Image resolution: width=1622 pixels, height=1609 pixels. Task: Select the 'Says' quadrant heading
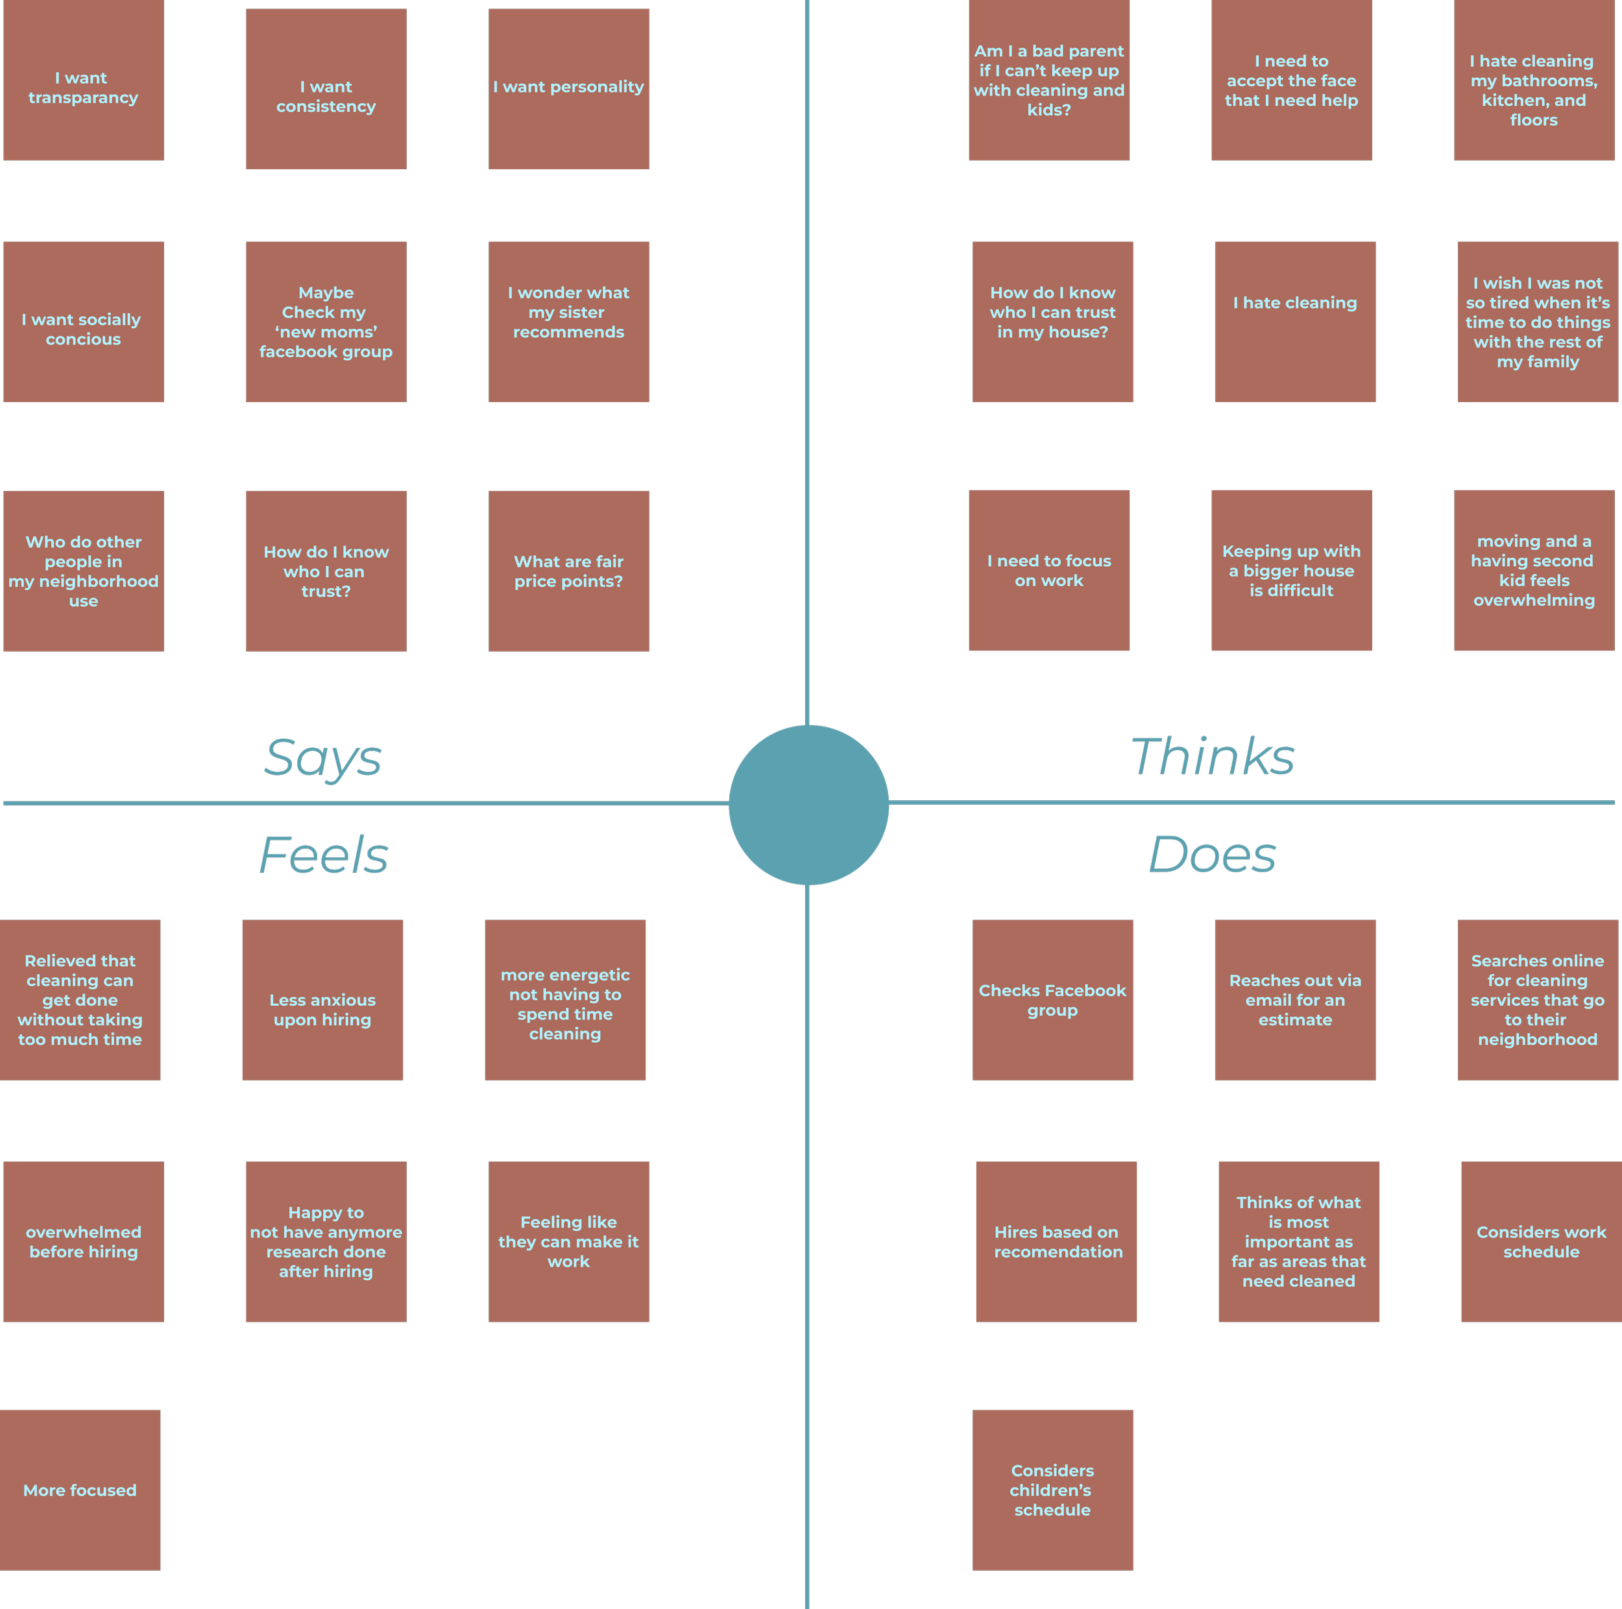pyautogui.click(x=323, y=758)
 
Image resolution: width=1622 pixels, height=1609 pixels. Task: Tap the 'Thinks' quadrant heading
pyautogui.click(x=1213, y=757)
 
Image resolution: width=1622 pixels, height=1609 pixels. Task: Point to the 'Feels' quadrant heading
pyautogui.click(x=324, y=855)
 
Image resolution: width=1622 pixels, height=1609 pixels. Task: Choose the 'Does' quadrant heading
pyautogui.click(x=1213, y=855)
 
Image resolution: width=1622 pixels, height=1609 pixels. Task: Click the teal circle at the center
pyautogui.click(x=808, y=805)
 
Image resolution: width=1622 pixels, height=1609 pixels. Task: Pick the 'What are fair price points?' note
pyautogui.click(x=568, y=571)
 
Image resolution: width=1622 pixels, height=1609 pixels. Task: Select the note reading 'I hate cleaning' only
pyautogui.click(x=1294, y=322)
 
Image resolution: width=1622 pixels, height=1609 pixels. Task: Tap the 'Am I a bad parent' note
pyautogui.click(x=1048, y=80)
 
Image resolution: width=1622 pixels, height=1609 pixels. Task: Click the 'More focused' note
pyautogui.click(x=80, y=1490)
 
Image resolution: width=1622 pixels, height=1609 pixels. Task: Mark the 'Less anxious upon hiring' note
pyautogui.click(x=322, y=999)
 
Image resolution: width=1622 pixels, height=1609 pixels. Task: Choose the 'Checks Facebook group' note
pyautogui.click(x=1052, y=999)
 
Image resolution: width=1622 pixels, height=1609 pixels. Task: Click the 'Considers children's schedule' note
pyautogui.click(x=1052, y=1490)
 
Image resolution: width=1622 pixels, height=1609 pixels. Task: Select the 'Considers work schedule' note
pyautogui.click(x=1540, y=1241)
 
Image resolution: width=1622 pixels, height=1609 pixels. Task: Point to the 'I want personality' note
pyautogui.click(x=568, y=89)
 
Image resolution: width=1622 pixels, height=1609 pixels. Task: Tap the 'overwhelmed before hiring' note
pyautogui.click(x=83, y=1241)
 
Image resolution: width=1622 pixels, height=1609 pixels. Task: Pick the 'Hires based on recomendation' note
pyautogui.click(x=1056, y=1241)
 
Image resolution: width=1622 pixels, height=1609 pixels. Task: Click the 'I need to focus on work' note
pyautogui.click(x=1048, y=571)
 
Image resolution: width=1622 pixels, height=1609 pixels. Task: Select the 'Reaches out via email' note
pyautogui.click(x=1294, y=999)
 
